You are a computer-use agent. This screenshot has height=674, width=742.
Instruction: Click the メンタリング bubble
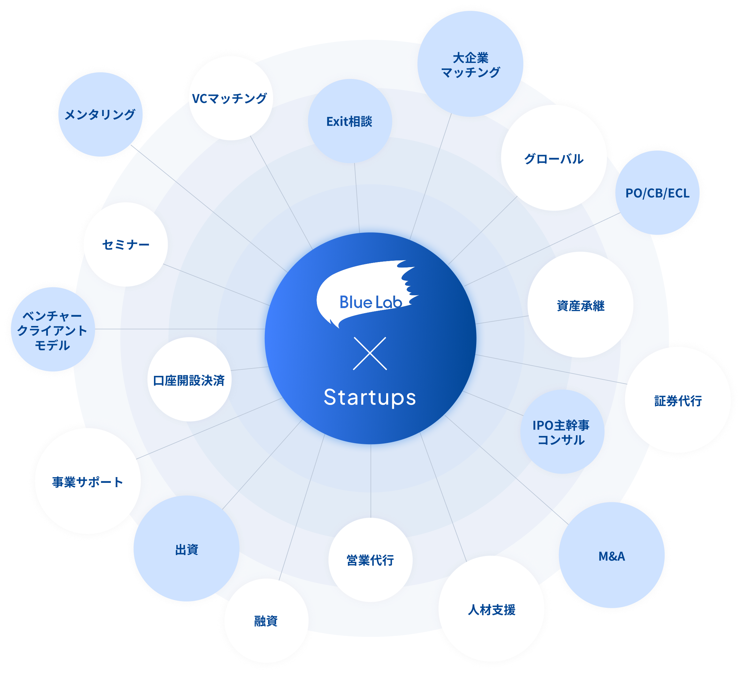point(100,114)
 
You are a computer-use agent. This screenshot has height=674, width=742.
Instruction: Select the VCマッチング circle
point(230,98)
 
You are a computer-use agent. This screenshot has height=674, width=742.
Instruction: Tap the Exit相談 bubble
point(350,121)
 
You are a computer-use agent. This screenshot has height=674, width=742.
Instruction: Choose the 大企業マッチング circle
point(470,65)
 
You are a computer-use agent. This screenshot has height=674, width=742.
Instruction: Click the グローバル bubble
point(554,159)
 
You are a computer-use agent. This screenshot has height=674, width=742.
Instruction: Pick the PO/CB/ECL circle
point(657,193)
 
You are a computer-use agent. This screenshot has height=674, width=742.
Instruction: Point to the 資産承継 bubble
point(580,305)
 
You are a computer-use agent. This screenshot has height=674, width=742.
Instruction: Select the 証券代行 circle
point(677,400)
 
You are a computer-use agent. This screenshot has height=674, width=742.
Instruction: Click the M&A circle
point(612,556)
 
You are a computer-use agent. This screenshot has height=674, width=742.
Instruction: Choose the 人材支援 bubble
point(491,609)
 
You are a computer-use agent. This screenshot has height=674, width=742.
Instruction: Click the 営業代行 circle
point(370,560)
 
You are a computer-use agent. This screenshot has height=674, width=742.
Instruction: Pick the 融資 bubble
point(266,621)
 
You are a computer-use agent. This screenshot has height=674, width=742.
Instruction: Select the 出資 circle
point(187,549)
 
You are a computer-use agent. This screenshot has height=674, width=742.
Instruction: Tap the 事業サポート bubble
point(88,481)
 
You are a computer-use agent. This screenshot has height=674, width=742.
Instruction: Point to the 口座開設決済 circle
point(189,380)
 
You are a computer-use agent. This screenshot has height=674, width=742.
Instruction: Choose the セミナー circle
point(126,244)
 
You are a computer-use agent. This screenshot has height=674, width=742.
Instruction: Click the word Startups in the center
point(370,398)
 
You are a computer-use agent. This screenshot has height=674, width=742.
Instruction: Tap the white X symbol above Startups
point(370,353)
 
